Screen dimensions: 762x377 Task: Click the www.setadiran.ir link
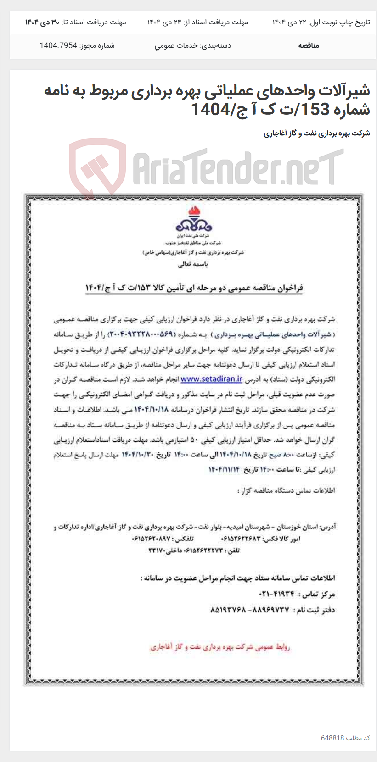pos(211,379)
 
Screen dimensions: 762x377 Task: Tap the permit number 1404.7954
pos(58,45)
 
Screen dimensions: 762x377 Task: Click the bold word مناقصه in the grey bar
pos(308,45)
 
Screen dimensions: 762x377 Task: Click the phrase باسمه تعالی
pos(193,264)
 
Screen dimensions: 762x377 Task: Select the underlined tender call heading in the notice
pos(194,288)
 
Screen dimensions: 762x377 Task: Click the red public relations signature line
pos(220,647)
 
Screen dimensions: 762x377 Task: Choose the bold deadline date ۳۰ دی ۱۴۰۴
pos(42,22)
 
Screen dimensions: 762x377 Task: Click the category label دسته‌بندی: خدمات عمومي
pos(192,45)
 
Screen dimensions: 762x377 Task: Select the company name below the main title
pos(316,133)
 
